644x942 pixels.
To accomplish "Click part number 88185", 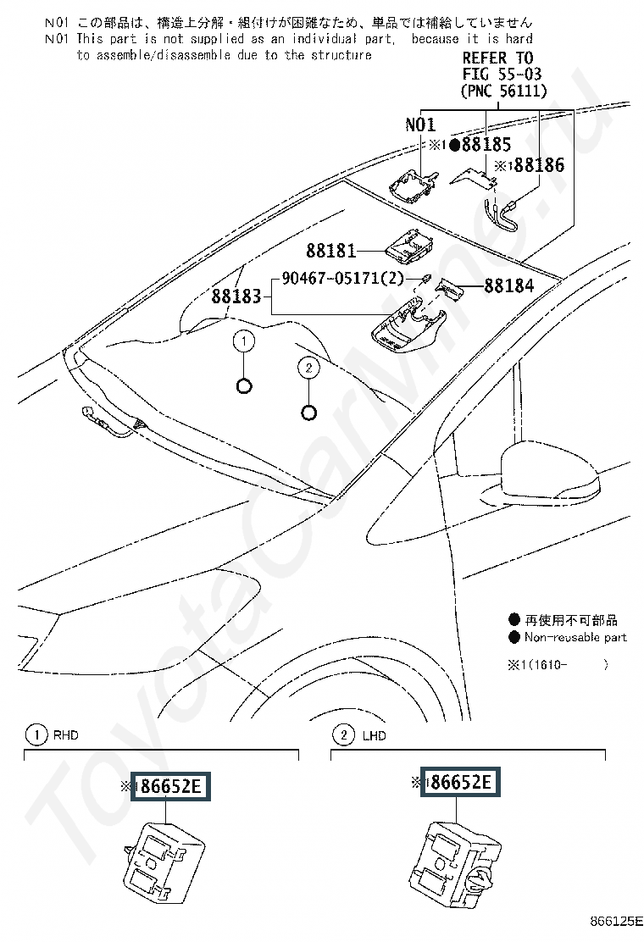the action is [486, 145].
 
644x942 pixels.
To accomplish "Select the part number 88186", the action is [540, 165].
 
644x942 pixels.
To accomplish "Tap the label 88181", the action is [331, 251].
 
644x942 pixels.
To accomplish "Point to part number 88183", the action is [236, 296].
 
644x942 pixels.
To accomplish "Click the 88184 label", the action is [509, 286].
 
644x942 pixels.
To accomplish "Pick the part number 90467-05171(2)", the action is [343, 279].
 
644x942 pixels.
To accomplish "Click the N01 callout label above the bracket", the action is [420, 125].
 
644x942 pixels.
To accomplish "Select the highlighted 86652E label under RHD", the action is [171, 786].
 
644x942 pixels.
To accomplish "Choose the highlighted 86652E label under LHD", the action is [460, 782].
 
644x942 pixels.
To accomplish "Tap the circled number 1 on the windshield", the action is [244, 342].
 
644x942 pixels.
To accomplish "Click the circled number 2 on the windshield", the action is [308, 368].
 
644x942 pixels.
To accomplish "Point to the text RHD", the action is [66, 735].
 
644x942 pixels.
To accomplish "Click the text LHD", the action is [375, 736].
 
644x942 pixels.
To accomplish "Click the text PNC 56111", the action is [504, 91].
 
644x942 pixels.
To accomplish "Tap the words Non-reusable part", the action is [575, 637].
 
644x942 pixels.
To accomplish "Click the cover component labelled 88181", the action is [410, 246].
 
